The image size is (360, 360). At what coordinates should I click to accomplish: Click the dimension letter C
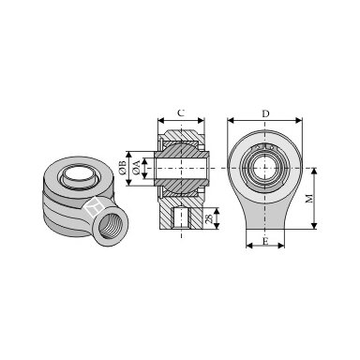tap(181, 112)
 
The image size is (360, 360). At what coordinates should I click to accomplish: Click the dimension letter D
tap(265, 113)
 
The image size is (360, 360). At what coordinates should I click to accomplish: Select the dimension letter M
tap(308, 199)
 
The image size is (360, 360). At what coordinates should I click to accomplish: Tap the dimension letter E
tap(265, 241)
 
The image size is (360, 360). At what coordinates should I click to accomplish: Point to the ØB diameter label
tap(123, 168)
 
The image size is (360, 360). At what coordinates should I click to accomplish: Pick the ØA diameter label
tap(136, 168)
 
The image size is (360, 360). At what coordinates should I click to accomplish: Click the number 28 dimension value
tap(209, 218)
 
